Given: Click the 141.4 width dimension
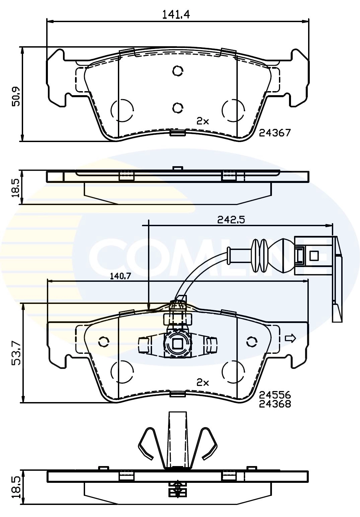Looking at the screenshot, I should (x=176, y=14).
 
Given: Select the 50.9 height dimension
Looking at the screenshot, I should (x=16, y=96).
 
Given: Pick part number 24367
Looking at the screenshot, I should (x=275, y=133).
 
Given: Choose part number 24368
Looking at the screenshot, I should (x=275, y=404).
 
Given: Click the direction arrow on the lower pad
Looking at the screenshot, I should (x=290, y=338).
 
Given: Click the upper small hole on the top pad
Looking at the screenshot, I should (x=177, y=71).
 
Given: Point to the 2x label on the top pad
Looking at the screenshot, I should (x=202, y=121).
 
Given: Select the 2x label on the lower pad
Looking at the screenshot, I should (x=202, y=382).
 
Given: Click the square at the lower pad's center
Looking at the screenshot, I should (x=177, y=343).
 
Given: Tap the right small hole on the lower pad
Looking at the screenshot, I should (x=251, y=342).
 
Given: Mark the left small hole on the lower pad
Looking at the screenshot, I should (x=104, y=342).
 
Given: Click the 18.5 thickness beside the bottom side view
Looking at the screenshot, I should (x=16, y=488).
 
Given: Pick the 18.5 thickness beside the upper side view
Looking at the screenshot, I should (x=16, y=188).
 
